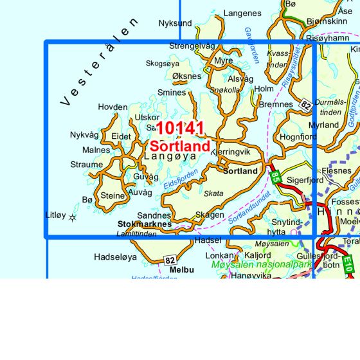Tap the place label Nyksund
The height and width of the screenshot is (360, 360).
coord(175,24)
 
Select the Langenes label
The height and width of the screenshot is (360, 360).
coord(242,13)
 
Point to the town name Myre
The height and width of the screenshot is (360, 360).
coord(223,61)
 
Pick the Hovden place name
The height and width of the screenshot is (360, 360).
coord(113,107)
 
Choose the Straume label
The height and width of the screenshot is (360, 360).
coord(86,165)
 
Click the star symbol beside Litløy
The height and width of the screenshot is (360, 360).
coord(72,218)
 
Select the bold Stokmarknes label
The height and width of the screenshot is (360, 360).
coord(145,224)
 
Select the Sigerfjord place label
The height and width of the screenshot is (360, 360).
coord(305,181)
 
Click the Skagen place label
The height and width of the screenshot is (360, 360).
coord(210,215)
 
